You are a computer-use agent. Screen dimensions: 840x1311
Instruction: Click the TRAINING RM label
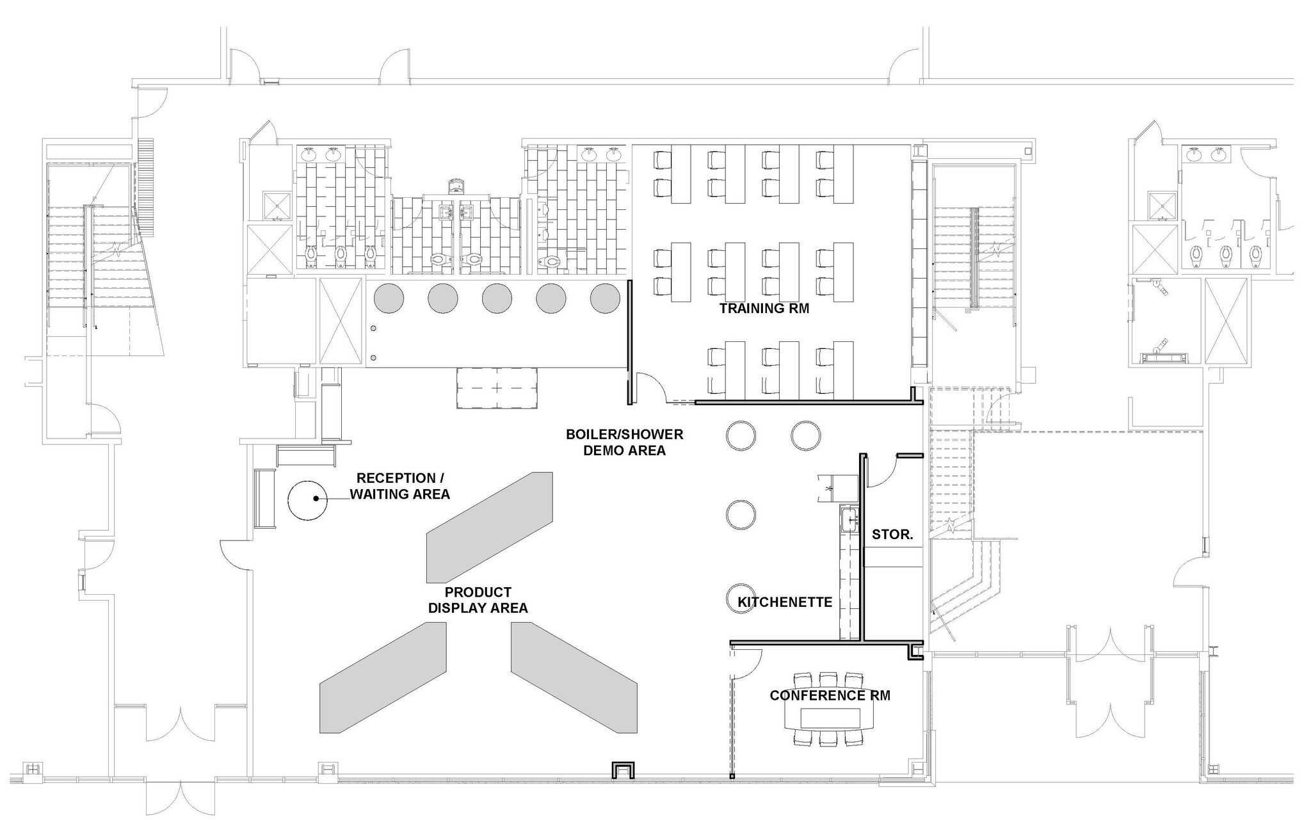pos(764,309)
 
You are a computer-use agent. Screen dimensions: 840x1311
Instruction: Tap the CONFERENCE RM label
pos(830,695)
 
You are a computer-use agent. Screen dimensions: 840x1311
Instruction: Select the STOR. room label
pos(892,535)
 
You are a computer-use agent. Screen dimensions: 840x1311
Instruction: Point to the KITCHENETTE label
pos(785,602)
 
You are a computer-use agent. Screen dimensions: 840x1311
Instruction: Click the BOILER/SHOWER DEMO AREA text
pos(624,442)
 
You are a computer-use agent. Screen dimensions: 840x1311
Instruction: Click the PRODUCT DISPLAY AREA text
pos(478,600)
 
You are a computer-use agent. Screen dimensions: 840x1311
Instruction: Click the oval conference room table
pos(830,718)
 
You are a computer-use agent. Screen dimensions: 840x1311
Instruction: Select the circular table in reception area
pos(307,500)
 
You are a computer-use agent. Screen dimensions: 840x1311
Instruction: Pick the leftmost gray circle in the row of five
pos(389,298)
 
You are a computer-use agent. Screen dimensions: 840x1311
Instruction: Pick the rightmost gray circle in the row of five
pos(604,298)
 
